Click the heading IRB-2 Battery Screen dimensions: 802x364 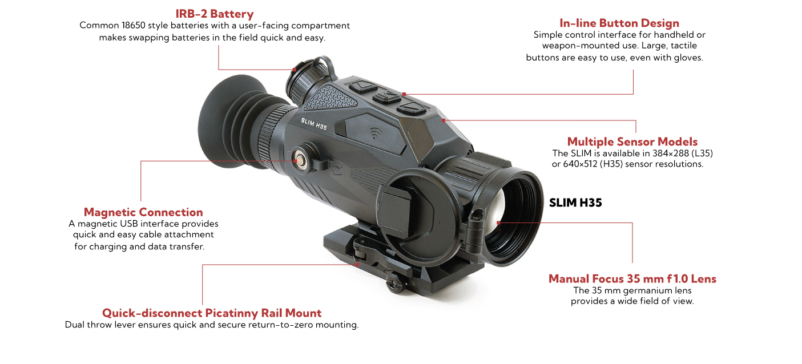point(214,14)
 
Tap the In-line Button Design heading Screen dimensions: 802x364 point(619,23)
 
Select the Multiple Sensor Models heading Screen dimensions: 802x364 point(632,141)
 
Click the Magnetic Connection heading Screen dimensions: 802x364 point(143,212)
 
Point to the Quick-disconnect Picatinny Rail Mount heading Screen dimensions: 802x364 point(211,313)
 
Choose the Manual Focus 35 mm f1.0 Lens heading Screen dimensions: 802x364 point(632,278)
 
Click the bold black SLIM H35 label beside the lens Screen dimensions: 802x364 point(575,203)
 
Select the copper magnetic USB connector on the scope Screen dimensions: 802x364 point(298,160)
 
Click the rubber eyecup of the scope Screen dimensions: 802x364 point(228,123)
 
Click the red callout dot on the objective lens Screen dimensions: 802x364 point(498,223)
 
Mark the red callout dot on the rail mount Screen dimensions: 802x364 point(358,264)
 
